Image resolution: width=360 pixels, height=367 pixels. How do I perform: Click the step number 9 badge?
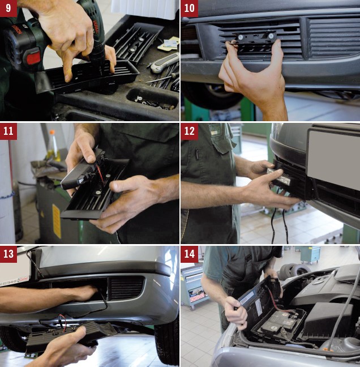pos(8,8)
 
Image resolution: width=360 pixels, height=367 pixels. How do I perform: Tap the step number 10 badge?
pos(189,8)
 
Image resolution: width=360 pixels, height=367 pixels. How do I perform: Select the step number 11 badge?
pos(8,131)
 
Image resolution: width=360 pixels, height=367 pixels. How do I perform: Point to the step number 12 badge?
pos(189,131)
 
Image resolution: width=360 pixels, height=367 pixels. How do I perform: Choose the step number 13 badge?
pos(8,254)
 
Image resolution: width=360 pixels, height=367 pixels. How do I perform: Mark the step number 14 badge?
pos(189,254)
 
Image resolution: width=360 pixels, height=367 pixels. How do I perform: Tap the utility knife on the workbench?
pos(164,63)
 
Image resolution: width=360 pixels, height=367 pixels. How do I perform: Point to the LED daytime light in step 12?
pos(279,176)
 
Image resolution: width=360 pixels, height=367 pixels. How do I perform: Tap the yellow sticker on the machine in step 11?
pos(57,221)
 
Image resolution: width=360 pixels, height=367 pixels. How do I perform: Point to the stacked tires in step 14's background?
pos(294,271)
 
